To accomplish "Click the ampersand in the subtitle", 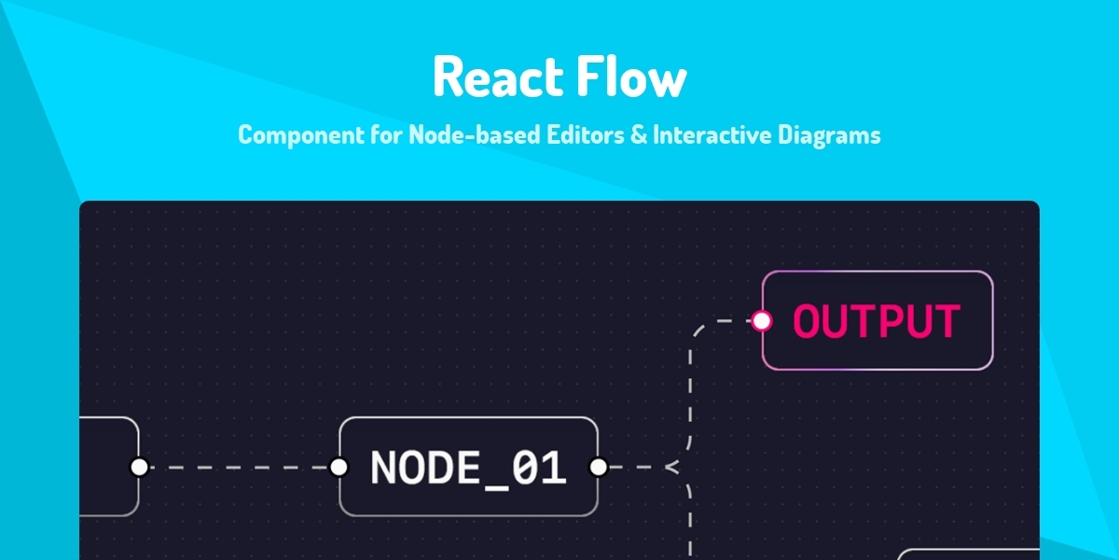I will tap(638, 135).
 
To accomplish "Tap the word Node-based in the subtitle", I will tap(463, 135).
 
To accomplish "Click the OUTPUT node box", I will tap(877, 320).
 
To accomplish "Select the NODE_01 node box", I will tap(468, 467).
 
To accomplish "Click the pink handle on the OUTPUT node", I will tap(762, 321).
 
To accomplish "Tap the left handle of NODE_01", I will tap(338, 467).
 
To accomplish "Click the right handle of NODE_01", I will tap(599, 467).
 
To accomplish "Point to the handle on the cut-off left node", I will tap(139, 467).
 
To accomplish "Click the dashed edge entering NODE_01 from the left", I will tap(239, 467).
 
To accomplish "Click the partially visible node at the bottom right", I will tap(970, 554).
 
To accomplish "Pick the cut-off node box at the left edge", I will tap(108, 467).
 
